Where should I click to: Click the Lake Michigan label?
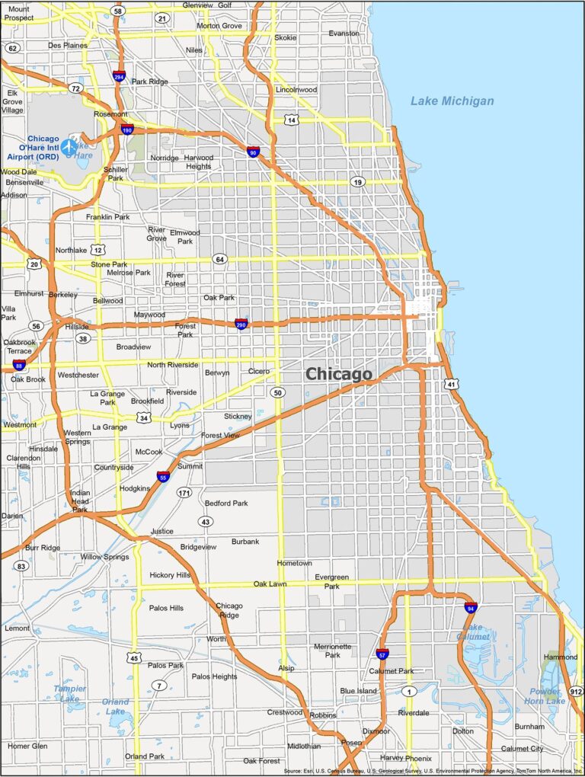pos(452,101)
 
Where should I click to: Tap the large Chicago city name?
pos(339,374)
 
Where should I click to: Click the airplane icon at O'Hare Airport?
pos(69,145)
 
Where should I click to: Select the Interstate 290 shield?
pos(241,324)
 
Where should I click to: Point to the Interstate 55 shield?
pos(163,477)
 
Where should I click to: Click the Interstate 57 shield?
pos(382,654)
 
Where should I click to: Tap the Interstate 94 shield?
pos(471,607)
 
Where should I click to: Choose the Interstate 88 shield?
pos(18,366)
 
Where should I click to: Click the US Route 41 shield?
pos(452,385)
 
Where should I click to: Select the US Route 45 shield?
pos(134,657)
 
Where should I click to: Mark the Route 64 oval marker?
pos(219,259)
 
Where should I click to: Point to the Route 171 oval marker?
pos(184,493)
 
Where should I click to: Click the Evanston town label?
pos(344,34)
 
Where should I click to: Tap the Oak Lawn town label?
pos(270,584)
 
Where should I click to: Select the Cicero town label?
pos(258,371)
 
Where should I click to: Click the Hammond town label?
pos(561,657)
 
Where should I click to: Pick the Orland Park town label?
pos(145,756)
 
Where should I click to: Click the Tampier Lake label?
pos(69,693)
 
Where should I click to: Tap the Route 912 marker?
pos(576,691)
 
